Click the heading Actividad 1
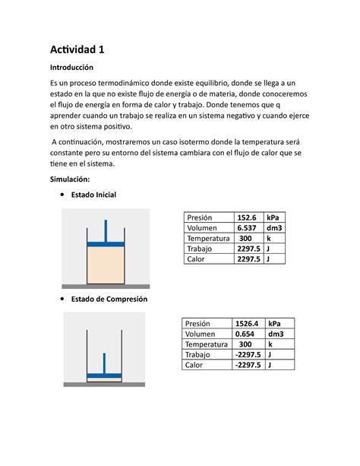coord(77,50)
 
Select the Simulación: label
coord(70,179)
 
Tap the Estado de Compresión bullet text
coord(109,299)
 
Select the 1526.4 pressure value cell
coord(248,323)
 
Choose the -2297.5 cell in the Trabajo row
coord(248,354)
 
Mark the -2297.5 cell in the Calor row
coord(248,365)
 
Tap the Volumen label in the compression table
coord(203,334)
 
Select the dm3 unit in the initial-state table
coord(274,228)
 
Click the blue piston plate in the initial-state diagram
coord(105,243)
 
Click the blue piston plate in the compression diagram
coord(105,375)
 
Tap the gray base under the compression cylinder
coord(105,385)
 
